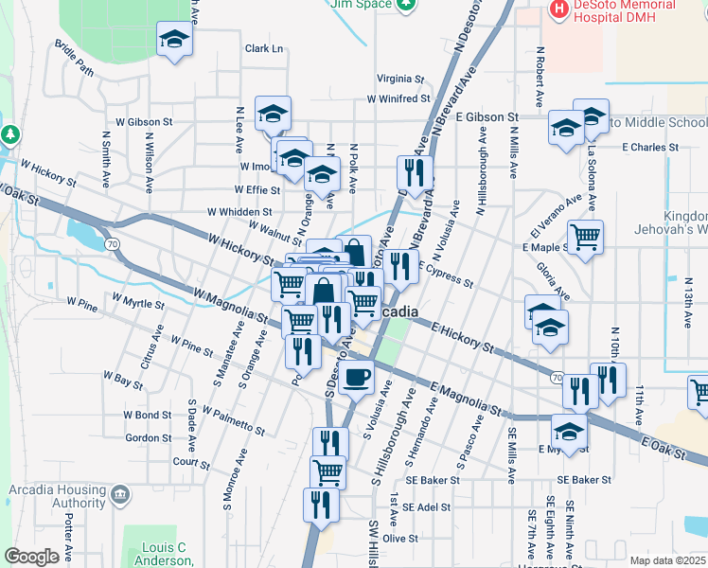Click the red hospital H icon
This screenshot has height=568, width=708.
[559, 9]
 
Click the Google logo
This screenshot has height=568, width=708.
[31, 557]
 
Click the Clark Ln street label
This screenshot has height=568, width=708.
[264, 48]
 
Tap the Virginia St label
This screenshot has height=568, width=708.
[399, 79]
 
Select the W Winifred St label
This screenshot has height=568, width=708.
[398, 98]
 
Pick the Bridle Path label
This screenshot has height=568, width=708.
[74, 58]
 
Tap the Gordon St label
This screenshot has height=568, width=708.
[148, 437]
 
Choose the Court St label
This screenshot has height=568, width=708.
[190, 462]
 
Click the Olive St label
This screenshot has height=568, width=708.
[400, 538]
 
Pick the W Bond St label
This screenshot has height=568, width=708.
[147, 415]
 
